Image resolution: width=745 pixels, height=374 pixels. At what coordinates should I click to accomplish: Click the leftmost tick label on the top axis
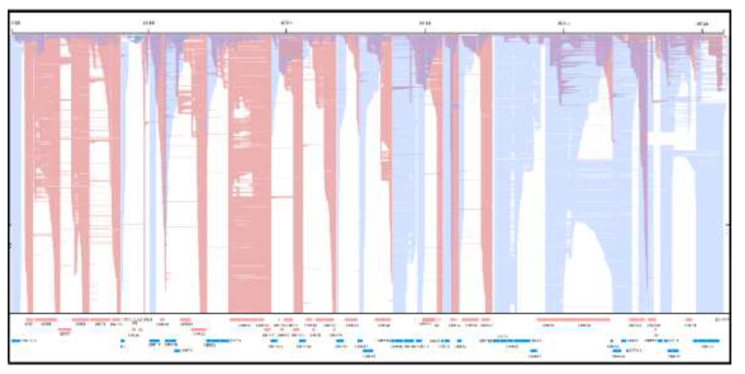pyautogui.click(x=16, y=23)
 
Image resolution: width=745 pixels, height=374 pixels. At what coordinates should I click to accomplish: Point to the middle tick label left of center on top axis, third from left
pyautogui.click(x=287, y=23)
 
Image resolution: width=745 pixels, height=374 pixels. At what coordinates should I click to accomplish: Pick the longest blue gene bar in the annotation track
pyautogui.click(x=512, y=341)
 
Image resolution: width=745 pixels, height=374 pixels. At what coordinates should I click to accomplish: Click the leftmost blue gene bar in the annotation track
pyautogui.click(x=16, y=341)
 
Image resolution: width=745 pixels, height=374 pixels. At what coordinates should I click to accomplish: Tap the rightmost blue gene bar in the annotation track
pyautogui.click(x=706, y=341)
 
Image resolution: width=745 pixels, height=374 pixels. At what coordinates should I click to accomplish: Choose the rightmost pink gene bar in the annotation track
pyautogui.click(x=689, y=320)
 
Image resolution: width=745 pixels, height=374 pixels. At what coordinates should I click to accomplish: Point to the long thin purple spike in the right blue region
pyautogui.click(x=646, y=203)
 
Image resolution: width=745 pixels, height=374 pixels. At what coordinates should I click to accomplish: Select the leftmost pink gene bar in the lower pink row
pyautogui.click(x=64, y=329)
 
